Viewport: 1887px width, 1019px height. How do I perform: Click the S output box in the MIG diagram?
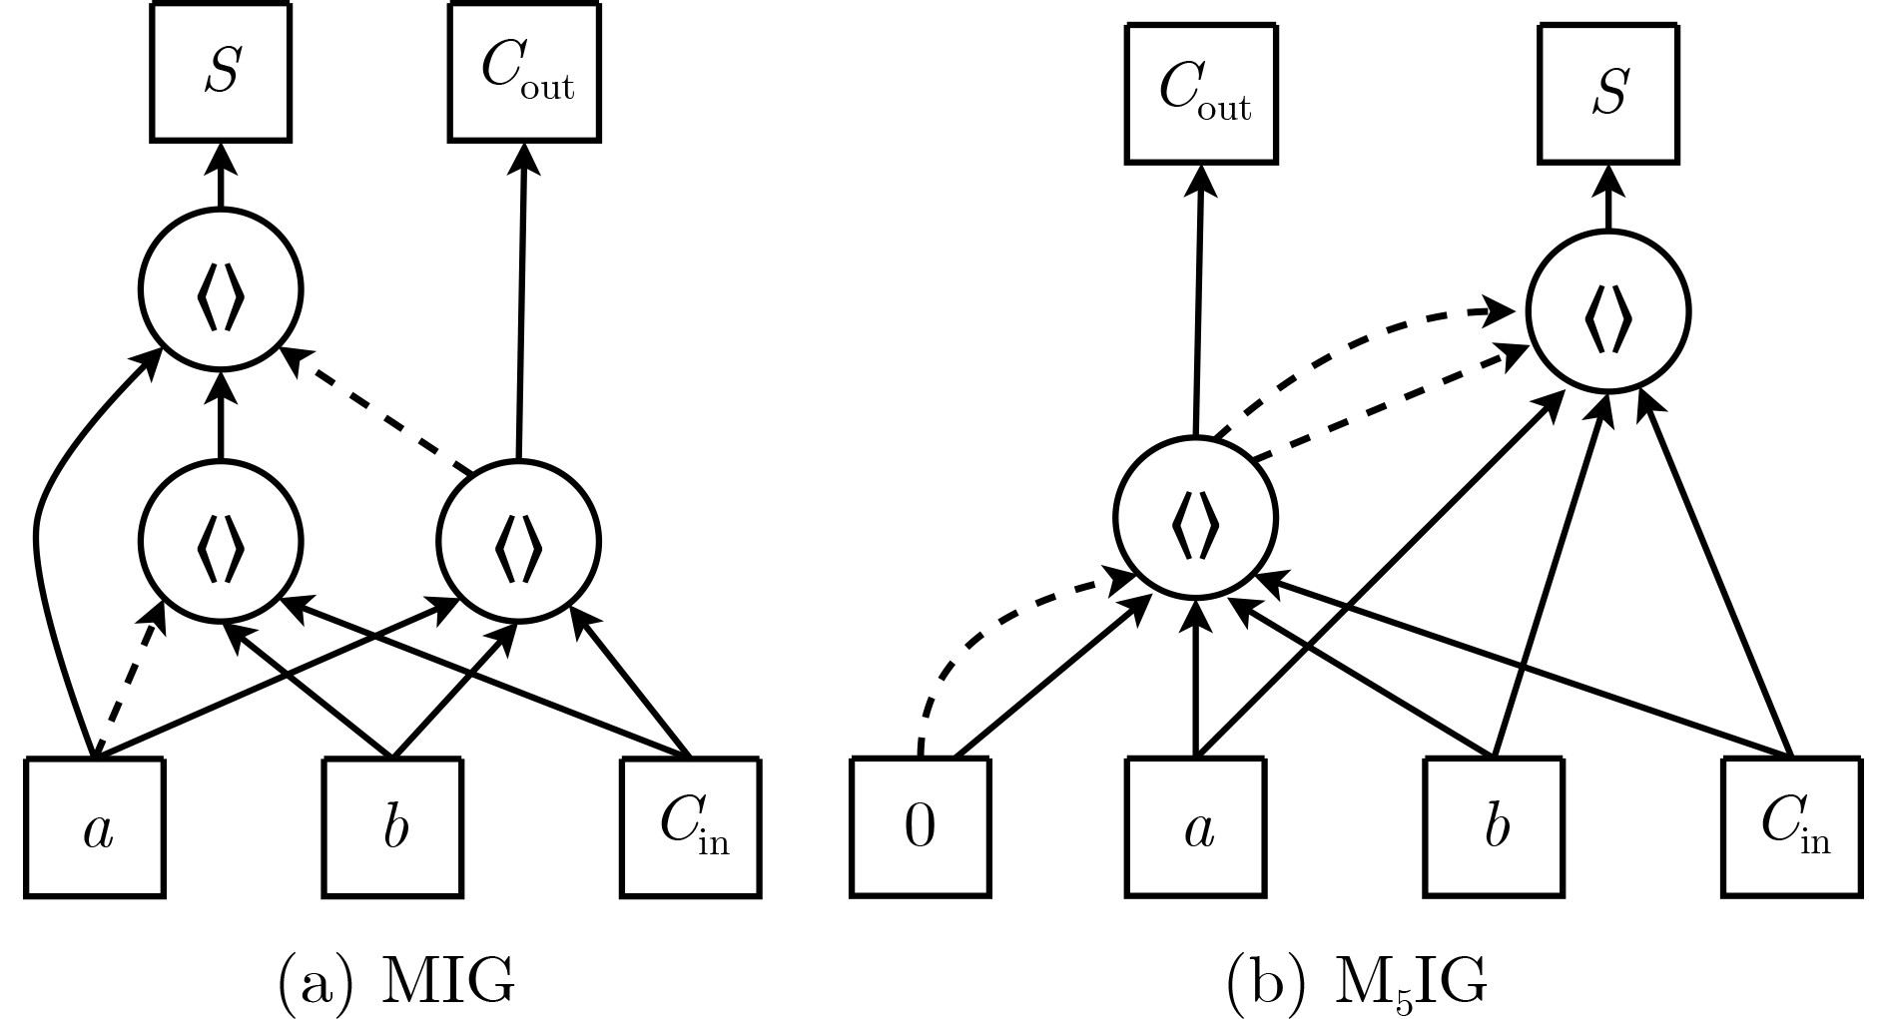coord(221,73)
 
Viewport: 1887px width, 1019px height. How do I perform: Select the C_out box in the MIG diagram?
coord(525,73)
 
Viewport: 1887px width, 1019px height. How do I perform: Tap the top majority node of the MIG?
coord(221,290)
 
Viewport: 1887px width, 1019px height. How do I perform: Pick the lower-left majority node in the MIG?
coord(221,541)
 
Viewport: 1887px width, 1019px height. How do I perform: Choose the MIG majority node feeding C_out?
coord(518,541)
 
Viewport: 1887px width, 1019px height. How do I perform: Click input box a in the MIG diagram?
coord(95,827)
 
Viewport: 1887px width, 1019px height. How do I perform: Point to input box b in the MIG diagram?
coord(392,827)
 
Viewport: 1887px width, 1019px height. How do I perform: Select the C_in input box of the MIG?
coord(690,827)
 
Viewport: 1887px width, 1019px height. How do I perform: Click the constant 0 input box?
coord(921,827)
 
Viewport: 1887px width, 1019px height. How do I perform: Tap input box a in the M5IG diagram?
coord(1197,827)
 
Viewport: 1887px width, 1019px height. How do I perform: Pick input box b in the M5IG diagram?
coord(1495,827)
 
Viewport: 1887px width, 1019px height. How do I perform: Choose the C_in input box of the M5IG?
coord(1792,827)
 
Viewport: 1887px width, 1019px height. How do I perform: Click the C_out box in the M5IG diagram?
coord(1202,95)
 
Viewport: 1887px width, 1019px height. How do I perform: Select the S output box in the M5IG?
coord(1608,95)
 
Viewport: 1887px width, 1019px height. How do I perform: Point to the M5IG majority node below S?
coord(1608,312)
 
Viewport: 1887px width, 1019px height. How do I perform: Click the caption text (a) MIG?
coord(395,982)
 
